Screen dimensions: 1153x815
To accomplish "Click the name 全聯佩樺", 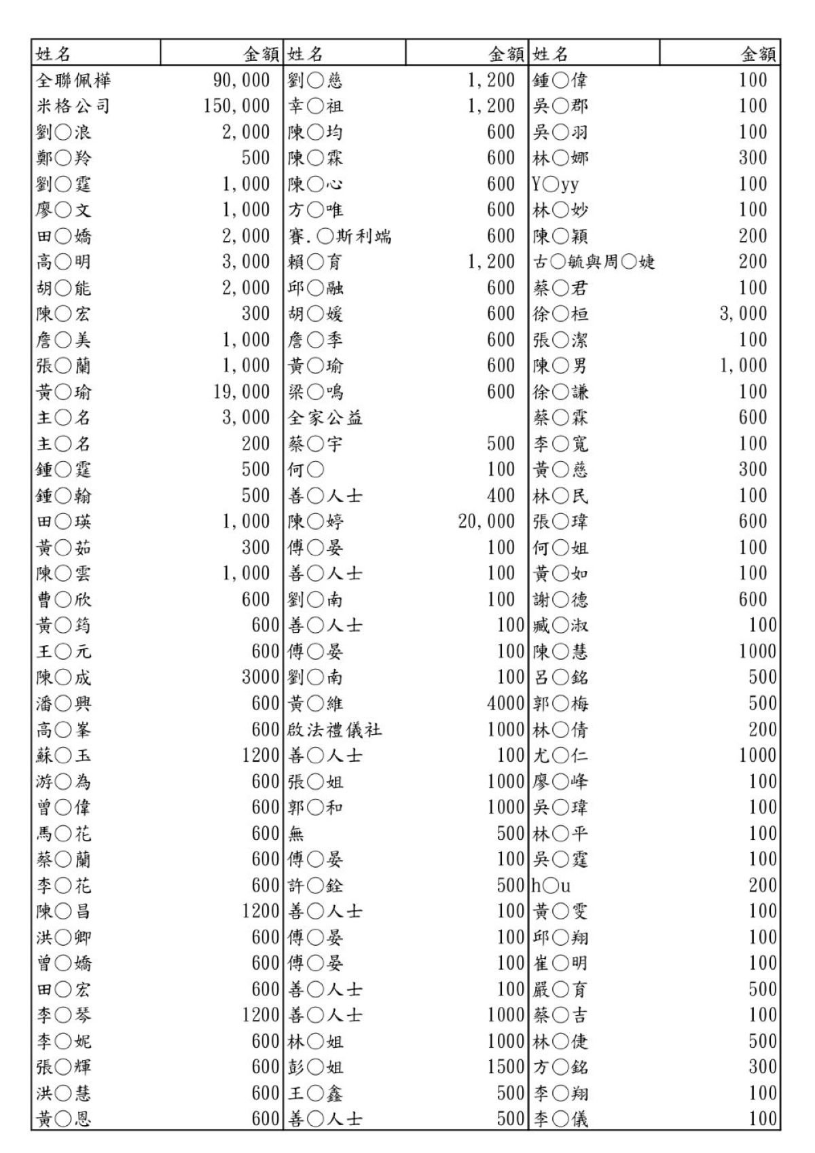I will pyautogui.click(x=73, y=80).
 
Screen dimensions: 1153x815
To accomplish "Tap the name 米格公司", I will pyautogui.click(x=73, y=106).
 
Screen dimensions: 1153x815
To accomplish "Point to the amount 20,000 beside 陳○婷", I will pyautogui.click(x=486, y=521).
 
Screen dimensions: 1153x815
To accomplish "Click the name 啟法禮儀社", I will pyautogui.click(x=335, y=730).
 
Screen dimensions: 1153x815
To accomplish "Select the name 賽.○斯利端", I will pyautogui.click(x=340, y=236).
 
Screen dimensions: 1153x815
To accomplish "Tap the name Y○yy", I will pyautogui.click(x=556, y=184).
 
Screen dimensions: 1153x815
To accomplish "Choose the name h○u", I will pyautogui.click(x=551, y=885).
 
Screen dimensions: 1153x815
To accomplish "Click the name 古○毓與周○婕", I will pyautogui.click(x=594, y=262).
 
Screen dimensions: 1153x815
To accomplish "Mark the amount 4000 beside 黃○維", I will pyautogui.click(x=506, y=703).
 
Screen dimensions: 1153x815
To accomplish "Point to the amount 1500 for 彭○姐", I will pyautogui.click(x=506, y=1067).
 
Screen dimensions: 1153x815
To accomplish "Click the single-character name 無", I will pyautogui.click(x=296, y=834).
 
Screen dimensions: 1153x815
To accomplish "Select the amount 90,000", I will pyautogui.click(x=241, y=80).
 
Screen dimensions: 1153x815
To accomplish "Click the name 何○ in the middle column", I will pyautogui.click(x=306, y=470).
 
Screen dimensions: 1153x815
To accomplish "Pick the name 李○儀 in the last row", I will pyautogui.click(x=561, y=1119).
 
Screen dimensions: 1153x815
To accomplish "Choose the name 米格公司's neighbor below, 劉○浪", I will pyautogui.click(x=63, y=132).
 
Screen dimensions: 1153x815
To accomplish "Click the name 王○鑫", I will pyautogui.click(x=315, y=1093).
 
